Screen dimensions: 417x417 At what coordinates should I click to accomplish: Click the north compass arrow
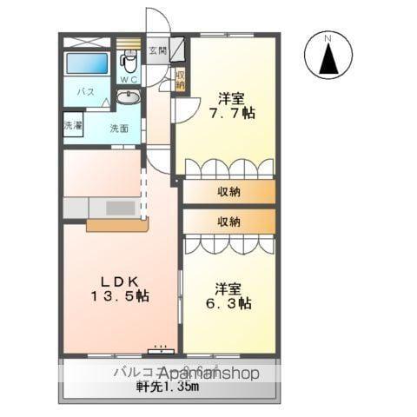coord(328,60)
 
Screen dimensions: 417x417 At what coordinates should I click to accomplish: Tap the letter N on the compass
coord(328,37)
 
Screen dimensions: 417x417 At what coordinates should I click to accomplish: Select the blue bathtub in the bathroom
coord(89,63)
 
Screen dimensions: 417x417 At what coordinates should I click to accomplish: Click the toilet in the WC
coord(128,62)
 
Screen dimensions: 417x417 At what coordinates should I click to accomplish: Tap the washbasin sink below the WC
coord(128,97)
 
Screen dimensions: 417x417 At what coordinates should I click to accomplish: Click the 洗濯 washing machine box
coord(72,125)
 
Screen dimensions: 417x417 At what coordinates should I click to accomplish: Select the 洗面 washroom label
coord(118,128)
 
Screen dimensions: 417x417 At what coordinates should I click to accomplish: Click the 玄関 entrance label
coord(156,50)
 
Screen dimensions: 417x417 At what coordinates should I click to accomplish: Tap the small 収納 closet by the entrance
coord(181,81)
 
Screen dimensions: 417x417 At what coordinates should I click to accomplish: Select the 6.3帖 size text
coord(229,304)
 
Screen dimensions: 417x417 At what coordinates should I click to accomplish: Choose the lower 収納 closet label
coord(229,222)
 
